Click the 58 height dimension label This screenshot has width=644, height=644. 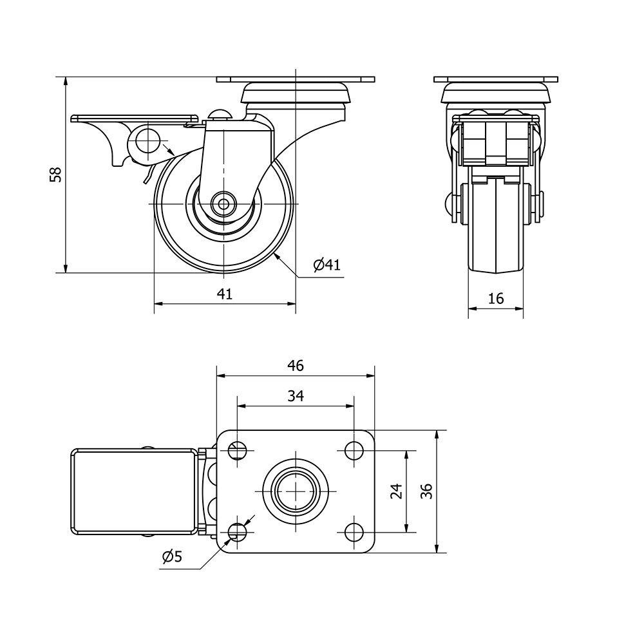click(55, 174)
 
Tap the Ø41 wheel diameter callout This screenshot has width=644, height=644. click(327, 265)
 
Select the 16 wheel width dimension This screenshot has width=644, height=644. click(496, 298)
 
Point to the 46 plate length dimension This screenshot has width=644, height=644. click(296, 366)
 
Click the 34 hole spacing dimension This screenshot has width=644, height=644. click(296, 395)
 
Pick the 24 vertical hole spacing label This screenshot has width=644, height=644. click(396, 491)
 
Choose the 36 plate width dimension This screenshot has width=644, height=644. click(427, 491)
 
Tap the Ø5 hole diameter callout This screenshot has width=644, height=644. click(172, 556)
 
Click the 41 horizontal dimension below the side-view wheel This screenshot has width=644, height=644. click(225, 294)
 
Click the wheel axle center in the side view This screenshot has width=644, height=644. click(224, 204)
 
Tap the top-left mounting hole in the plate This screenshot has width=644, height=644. click(238, 450)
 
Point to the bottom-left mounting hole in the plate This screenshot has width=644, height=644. click(238, 532)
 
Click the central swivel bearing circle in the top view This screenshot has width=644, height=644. click(296, 491)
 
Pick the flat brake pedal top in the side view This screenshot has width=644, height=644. click(133, 118)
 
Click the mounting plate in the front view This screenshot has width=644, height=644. click(496, 79)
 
